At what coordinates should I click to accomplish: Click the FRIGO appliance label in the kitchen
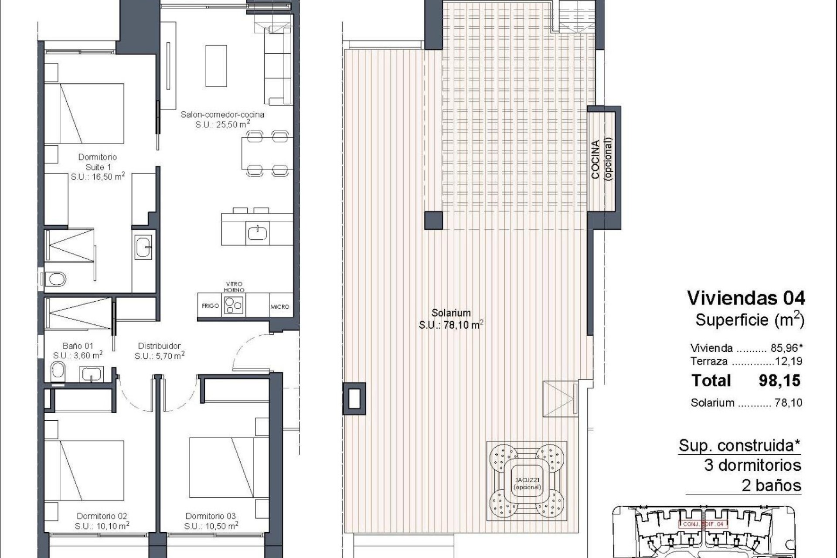click(210, 306)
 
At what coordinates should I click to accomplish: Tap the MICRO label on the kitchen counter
click(279, 307)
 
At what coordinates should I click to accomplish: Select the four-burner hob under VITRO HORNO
click(234, 305)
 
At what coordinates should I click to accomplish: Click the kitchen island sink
click(258, 233)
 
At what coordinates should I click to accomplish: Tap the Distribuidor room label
click(159, 346)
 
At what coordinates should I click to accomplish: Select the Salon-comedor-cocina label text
click(222, 115)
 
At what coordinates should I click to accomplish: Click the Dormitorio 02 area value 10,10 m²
click(102, 526)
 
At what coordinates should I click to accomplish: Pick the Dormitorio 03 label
click(211, 516)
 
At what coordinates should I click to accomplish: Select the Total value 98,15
click(779, 381)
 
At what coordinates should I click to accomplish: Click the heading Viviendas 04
click(746, 298)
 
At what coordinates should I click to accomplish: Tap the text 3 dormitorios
click(752, 466)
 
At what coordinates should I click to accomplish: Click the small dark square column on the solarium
click(434, 220)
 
